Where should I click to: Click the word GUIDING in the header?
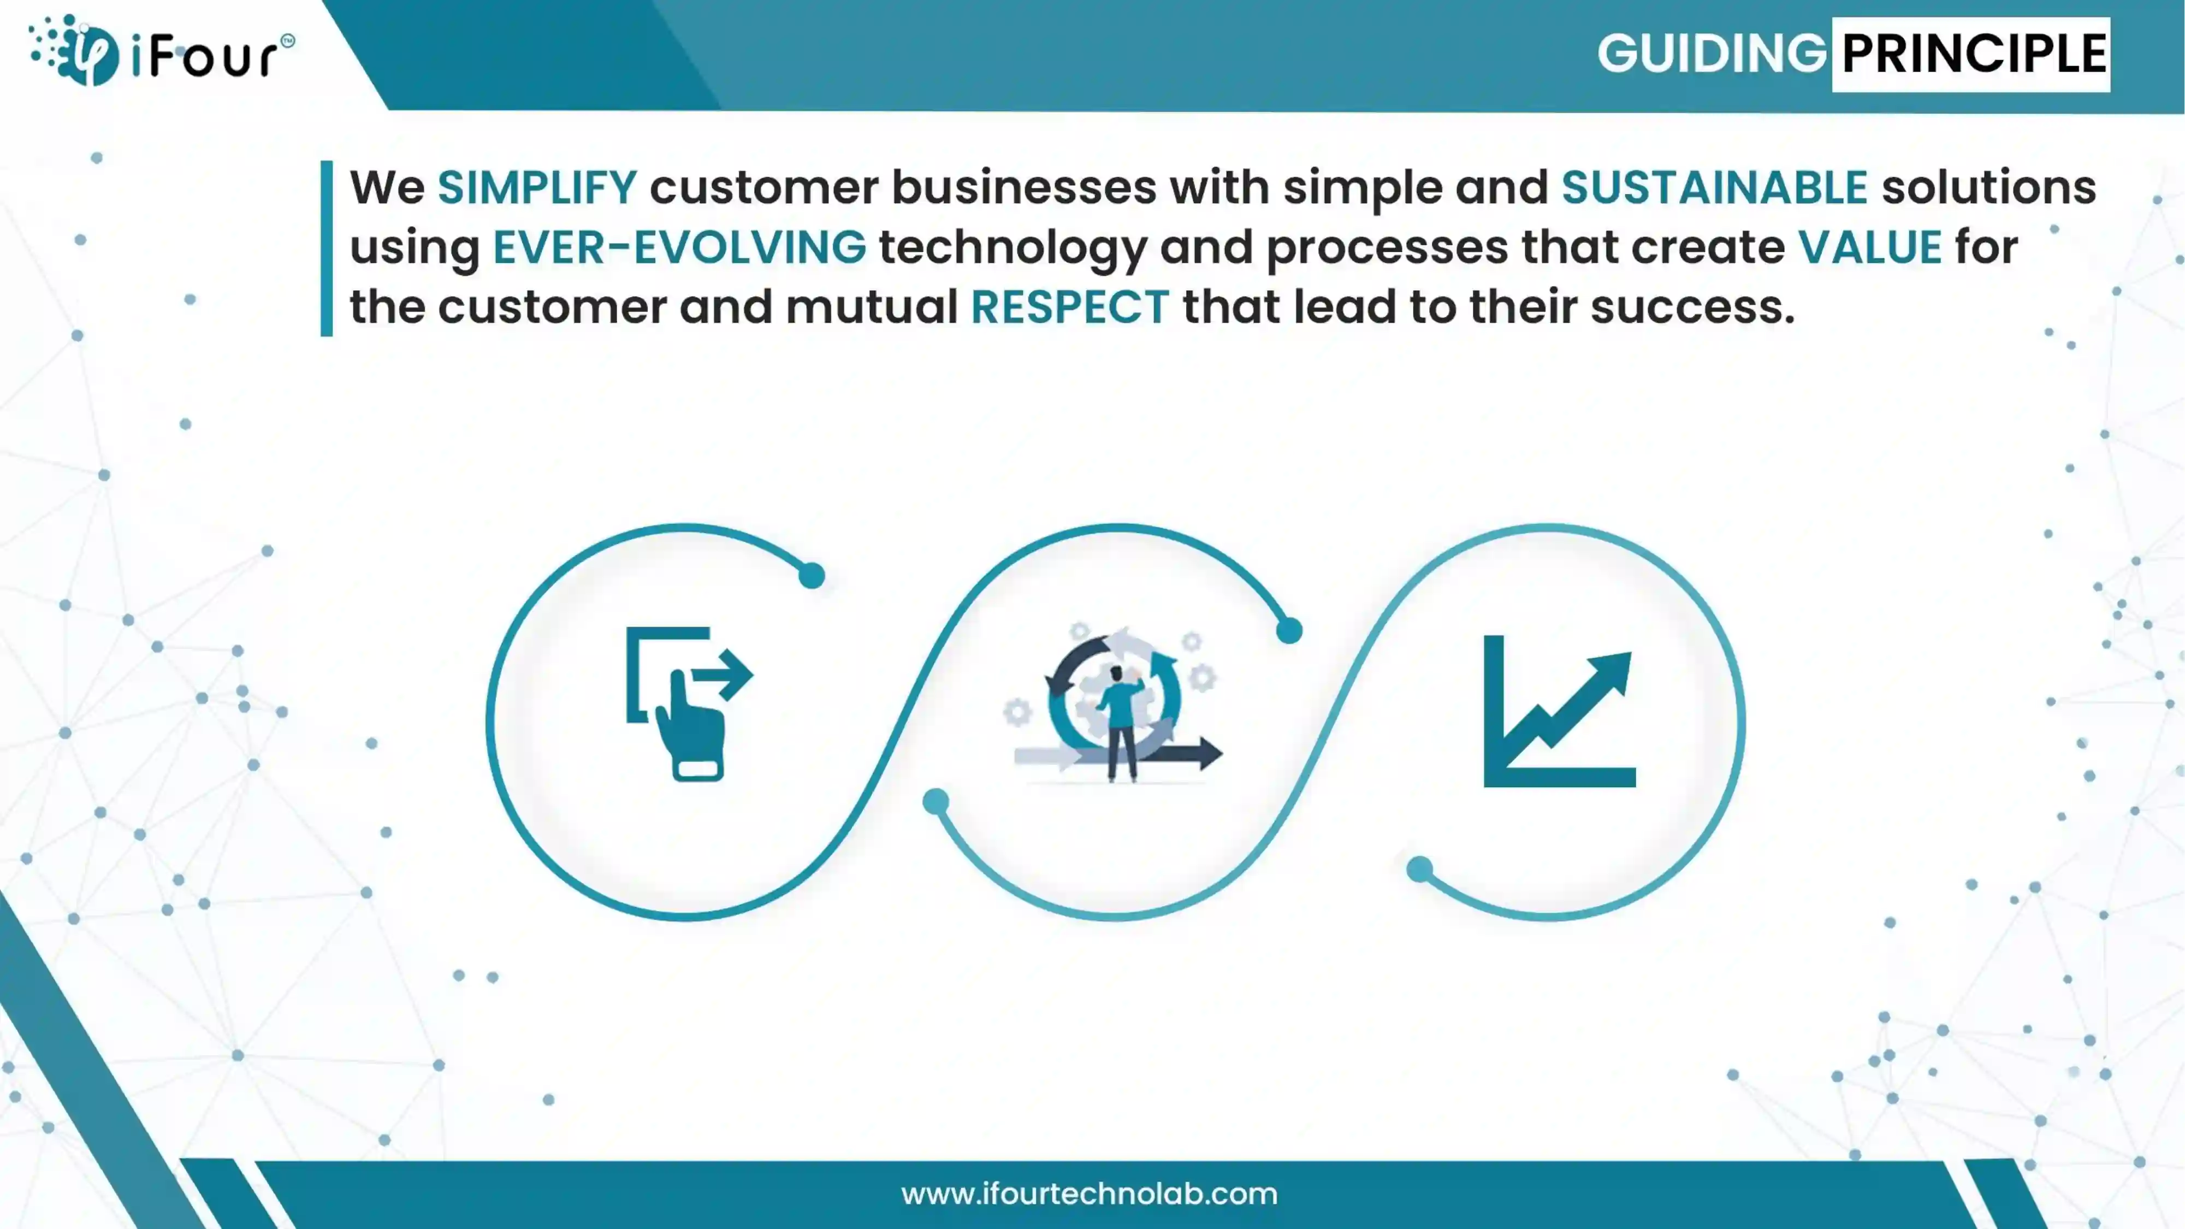point(1712,54)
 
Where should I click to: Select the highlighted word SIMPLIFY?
point(537,187)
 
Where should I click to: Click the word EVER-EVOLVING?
point(679,247)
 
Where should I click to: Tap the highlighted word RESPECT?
point(1070,306)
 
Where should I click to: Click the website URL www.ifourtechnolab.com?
point(1089,1194)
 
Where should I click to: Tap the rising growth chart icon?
point(1559,711)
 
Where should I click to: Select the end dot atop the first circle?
point(812,576)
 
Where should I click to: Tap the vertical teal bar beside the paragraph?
point(327,249)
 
